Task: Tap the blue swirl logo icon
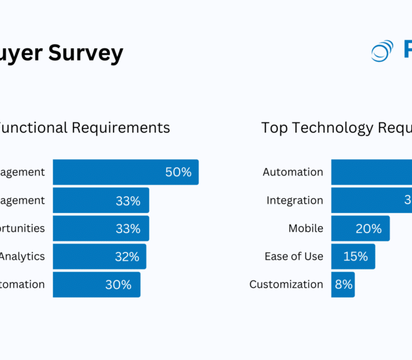tap(382, 51)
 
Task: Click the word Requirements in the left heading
tap(120, 127)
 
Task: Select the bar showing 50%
tap(125, 172)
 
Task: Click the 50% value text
tap(178, 172)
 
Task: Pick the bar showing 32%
tap(99, 256)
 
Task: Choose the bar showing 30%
tap(96, 284)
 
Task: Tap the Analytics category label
tap(22, 256)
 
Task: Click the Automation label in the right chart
tap(293, 172)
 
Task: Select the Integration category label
tap(295, 200)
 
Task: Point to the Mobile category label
tap(306, 228)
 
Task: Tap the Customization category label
tap(286, 284)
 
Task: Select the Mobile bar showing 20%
tap(360, 228)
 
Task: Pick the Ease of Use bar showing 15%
tap(353, 256)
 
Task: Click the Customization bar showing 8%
tap(343, 284)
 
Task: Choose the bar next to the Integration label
tap(371, 200)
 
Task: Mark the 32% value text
tap(127, 256)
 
